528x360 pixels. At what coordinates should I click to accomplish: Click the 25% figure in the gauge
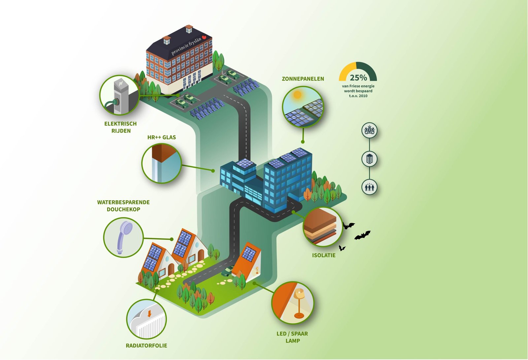358,77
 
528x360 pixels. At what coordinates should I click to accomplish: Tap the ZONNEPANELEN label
303,79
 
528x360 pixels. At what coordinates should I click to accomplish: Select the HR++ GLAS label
162,137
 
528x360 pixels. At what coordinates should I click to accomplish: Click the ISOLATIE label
324,255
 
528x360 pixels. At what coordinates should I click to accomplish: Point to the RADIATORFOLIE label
147,345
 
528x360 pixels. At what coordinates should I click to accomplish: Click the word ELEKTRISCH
120,124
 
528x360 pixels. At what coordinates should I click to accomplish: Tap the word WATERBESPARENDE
123,202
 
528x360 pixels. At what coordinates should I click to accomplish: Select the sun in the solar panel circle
297,95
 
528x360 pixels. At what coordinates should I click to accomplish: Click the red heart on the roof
204,37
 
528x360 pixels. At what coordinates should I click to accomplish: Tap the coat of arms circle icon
369,130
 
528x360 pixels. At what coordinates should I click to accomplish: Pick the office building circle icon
369,159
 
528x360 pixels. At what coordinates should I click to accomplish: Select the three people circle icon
369,187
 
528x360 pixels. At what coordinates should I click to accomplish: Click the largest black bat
363,235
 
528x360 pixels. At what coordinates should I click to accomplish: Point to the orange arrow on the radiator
149,313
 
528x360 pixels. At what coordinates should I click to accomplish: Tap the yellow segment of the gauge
347,71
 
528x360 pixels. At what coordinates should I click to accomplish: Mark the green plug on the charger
115,102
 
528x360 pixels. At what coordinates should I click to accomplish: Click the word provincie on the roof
180,49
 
